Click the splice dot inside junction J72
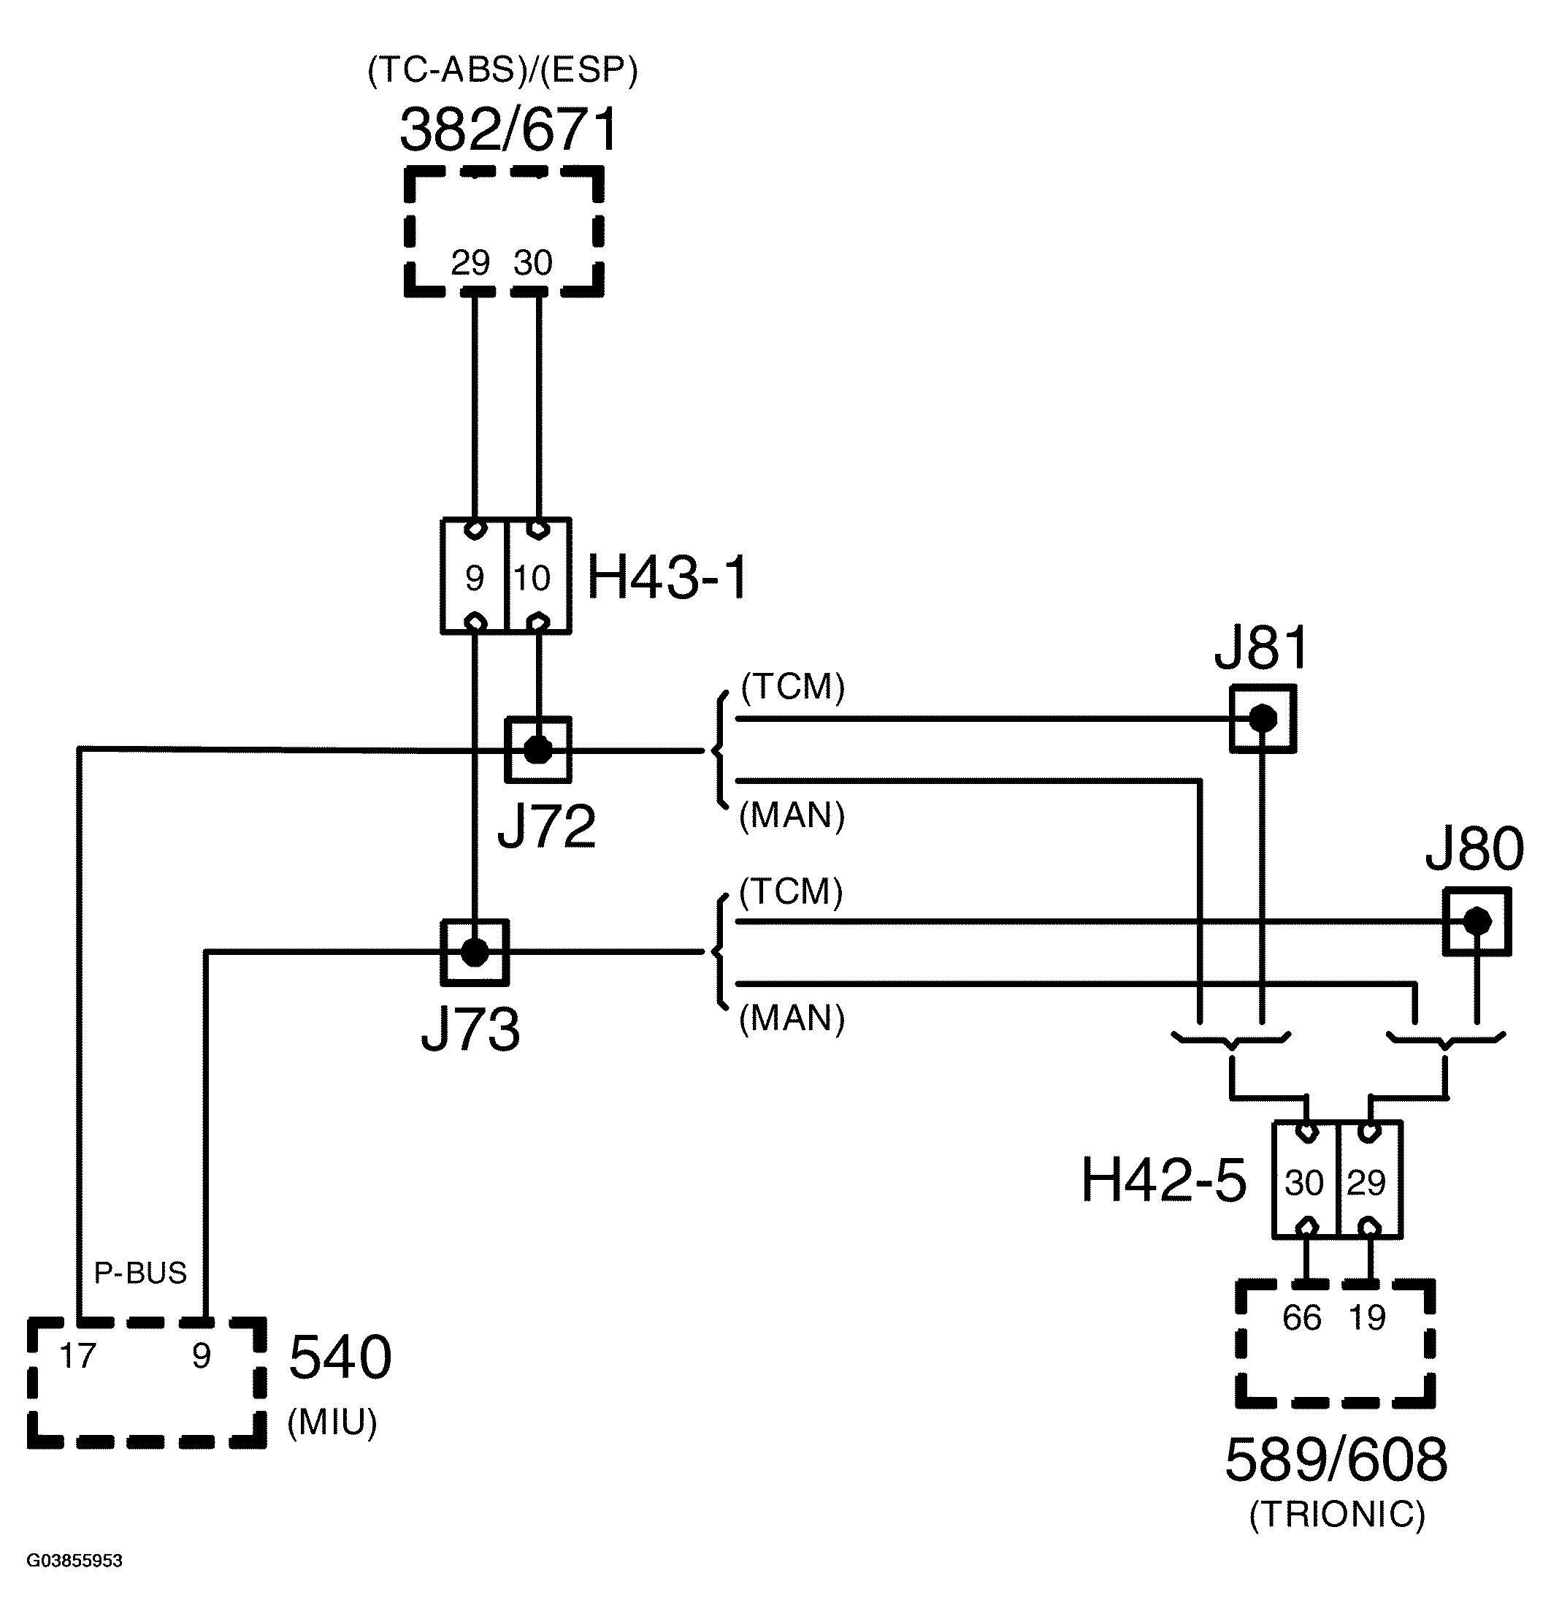tap(538, 750)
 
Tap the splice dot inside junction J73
tap(474, 952)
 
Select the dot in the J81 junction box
tap(1262, 719)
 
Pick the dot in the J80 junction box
tap(1477, 921)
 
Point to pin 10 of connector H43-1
tap(532, 578)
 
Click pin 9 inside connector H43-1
tap(475, 578)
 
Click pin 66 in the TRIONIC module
tap(1302, 1317)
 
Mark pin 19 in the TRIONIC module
tap(1367, 1317)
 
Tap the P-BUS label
tap(140, 1273)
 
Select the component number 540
tap(340, 1358)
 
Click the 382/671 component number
tap(509, 130)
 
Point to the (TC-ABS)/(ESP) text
tap(502, 70)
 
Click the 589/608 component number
tap(1336, 1459)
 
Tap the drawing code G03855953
tap(74, 1561)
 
